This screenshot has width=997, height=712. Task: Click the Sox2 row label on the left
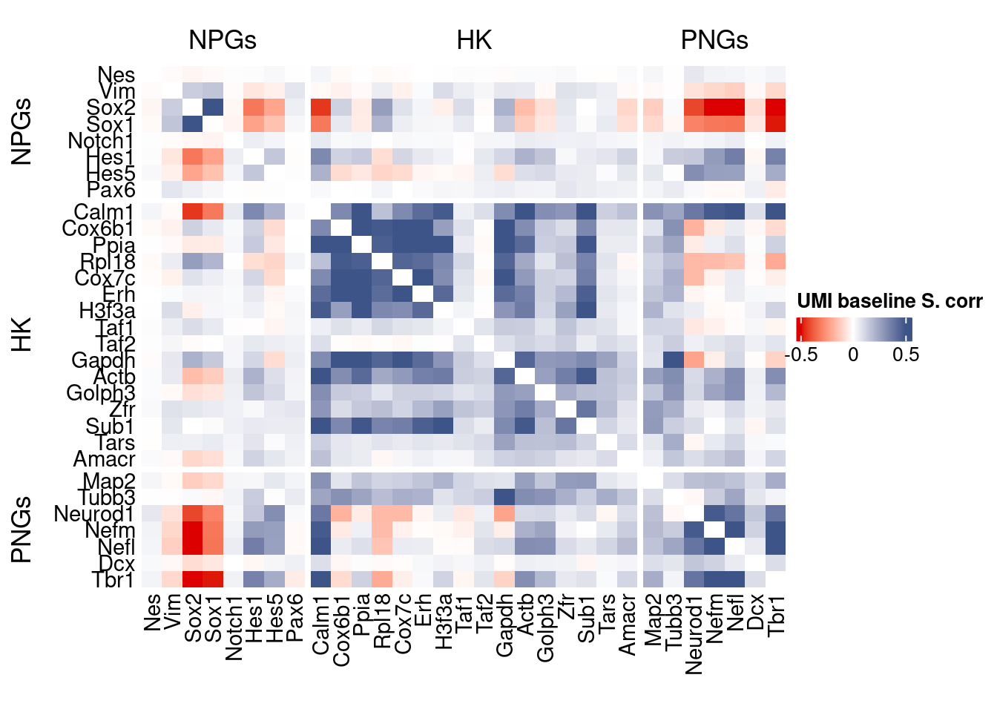coord(111,108)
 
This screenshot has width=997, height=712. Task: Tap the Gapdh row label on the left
coord(103,360)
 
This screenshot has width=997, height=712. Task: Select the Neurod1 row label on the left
coord(94,514)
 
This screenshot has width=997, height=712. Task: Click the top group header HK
coord(474,40)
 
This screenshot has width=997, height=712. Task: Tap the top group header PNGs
coord(714,40)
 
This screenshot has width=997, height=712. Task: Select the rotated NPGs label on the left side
coord(22,131)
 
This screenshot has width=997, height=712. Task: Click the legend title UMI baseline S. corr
coord(889,301)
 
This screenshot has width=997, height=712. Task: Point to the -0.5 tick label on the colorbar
coord(802,355)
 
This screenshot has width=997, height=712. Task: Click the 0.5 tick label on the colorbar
coord(906,355)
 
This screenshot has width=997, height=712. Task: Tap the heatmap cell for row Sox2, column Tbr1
coord(776,108)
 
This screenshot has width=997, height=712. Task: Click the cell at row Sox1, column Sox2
coord(193,125)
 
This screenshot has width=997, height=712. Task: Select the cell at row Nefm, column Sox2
coord(193,530)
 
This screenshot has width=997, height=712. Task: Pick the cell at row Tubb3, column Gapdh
coord(504,498)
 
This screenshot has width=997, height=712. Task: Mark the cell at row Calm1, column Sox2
coord(193,212)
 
